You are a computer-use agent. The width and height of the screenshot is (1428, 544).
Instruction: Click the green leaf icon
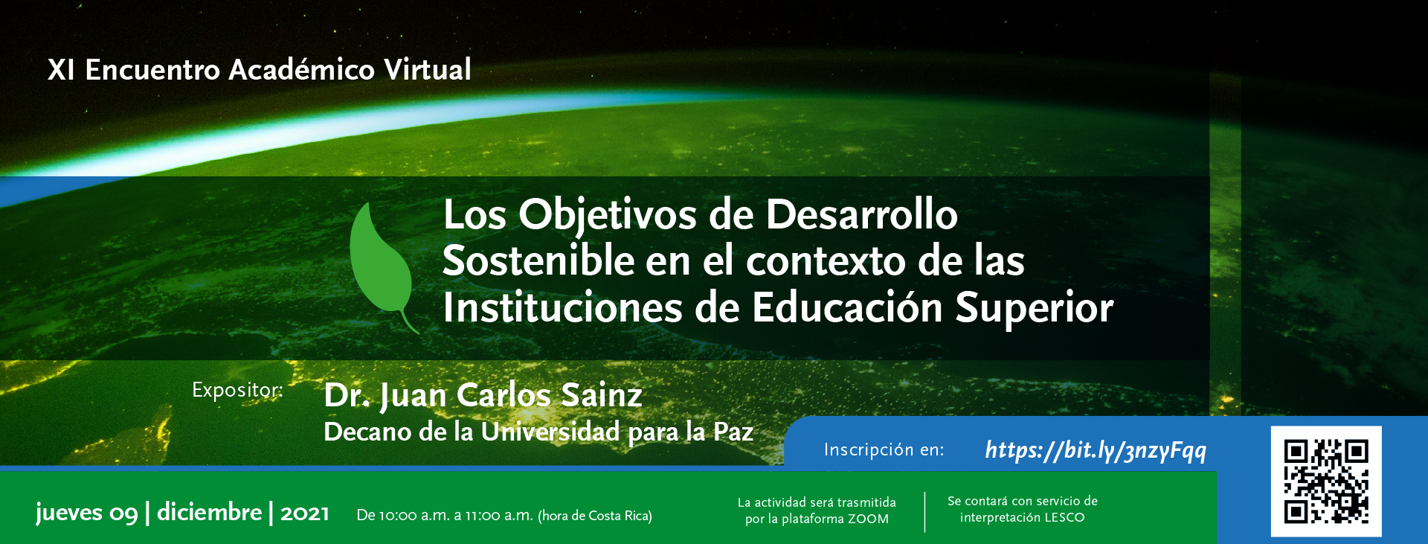tap(381, 260)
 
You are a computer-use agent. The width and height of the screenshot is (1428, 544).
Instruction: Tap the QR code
tap(1326, 481)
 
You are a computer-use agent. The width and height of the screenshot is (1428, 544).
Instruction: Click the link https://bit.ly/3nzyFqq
tap(1096, 450)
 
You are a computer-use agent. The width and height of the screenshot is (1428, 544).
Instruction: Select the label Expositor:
tap(237, 390)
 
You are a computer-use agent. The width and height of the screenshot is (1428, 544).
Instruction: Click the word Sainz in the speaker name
tap(602, 395)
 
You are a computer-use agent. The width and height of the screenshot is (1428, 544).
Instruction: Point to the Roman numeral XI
tap(61, 70)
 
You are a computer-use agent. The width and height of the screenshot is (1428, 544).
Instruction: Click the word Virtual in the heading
tap(428, 69)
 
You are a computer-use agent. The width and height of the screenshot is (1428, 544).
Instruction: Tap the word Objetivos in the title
tap(608, 217)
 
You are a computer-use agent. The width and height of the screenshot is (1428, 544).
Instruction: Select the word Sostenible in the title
tap(538, 261)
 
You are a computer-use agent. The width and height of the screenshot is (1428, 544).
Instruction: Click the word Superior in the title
tap(1035, 309)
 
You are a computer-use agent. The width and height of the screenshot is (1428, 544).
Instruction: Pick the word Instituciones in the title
tap(562, 308)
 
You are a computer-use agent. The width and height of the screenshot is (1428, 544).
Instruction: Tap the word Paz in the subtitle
tap(733, 432)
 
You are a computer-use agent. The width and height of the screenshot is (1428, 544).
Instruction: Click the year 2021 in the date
tap(305, 513)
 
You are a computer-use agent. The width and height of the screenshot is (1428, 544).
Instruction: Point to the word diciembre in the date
tap(210, 512)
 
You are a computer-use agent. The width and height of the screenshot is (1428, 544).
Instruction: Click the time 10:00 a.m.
tap(415, 516)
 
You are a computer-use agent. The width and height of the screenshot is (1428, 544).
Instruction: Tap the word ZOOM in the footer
tap(868, 519)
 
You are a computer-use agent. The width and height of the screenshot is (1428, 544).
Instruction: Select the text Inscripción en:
tap(884, 449)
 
